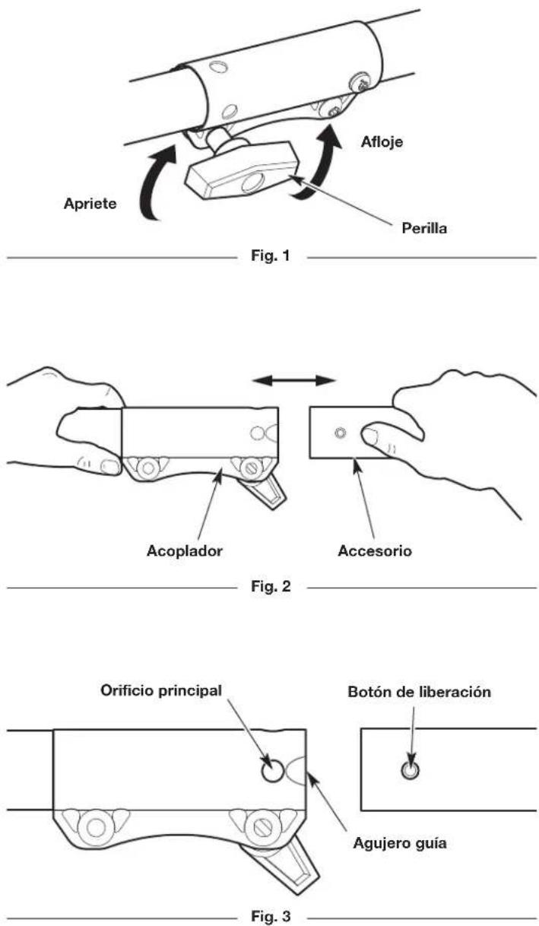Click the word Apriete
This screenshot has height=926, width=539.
90,204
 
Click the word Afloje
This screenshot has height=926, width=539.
382,142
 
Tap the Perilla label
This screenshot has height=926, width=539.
424,228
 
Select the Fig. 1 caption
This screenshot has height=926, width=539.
271,255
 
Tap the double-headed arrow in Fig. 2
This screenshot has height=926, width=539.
294,380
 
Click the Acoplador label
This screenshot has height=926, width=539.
184,551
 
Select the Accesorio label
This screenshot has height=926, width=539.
375,551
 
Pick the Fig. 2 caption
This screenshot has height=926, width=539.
271,586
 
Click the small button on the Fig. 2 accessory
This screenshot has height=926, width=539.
340,433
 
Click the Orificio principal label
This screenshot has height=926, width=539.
161,691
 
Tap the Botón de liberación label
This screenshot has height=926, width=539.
419,692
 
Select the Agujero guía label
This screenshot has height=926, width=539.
400,843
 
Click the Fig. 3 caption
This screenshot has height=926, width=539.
271,915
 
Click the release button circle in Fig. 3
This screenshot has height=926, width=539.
410,770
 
